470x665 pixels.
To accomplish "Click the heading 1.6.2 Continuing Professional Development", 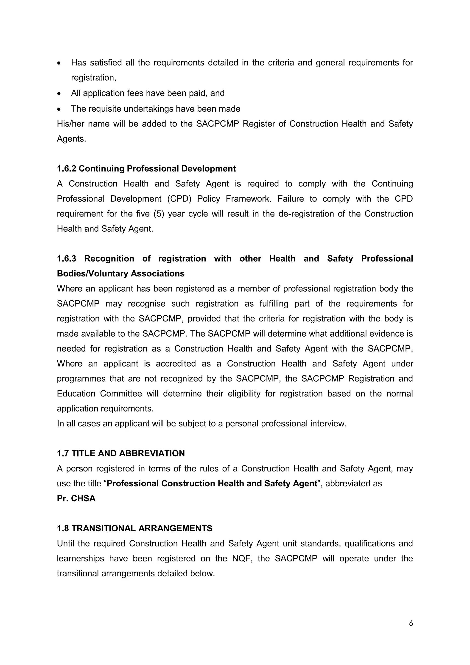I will click(x=146, y=169).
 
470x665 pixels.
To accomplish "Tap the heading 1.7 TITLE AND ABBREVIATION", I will click(x=121, y=453).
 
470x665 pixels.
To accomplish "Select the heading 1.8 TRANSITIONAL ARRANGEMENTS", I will click(x=134, y=528).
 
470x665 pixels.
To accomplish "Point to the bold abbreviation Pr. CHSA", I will click(x=76, y=499).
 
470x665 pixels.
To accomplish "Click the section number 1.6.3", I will click(x=66, y=259).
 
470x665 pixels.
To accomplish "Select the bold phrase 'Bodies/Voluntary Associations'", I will click(x=121, y=274).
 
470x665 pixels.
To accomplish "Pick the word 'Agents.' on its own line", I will click(x=71, y=139).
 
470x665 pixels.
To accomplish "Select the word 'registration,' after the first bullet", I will click(x=93, y=78).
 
